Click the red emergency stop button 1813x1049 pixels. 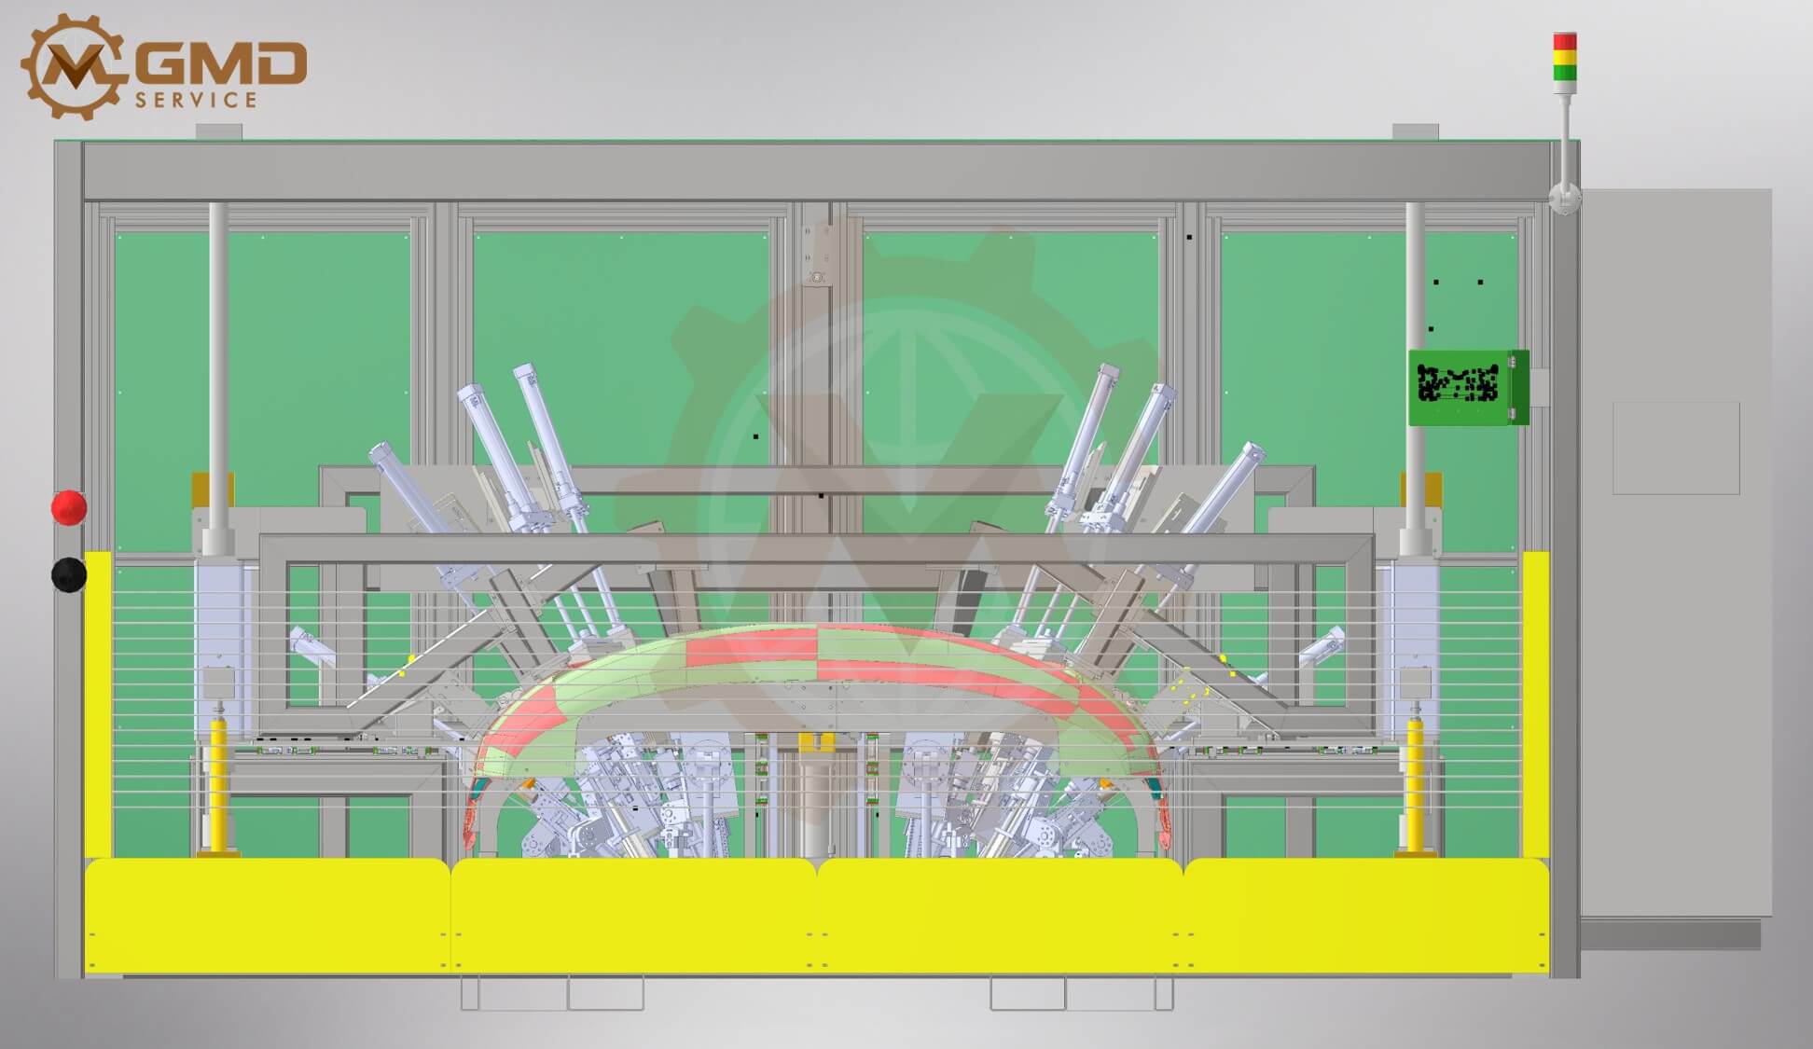click(x=69, y=507)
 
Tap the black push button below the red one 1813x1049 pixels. click(x=69, y=574)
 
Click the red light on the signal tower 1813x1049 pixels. click(x=1565, y=42)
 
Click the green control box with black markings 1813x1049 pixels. click(x=1468, y=387)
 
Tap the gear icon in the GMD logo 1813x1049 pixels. click(x=73, y=66)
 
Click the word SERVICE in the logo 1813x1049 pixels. click(x=196, y=100)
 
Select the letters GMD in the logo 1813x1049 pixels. click(x=227, y=62)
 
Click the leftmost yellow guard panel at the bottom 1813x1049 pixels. click(x=268, y=915)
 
